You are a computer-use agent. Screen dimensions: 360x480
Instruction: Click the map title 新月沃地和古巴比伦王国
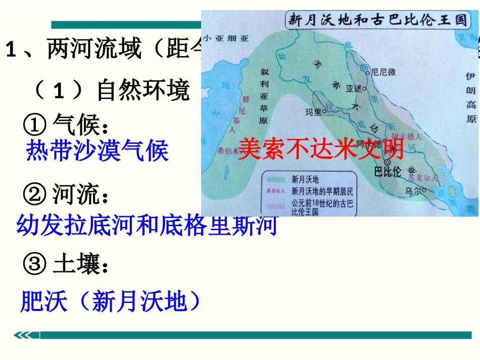coord(376,20)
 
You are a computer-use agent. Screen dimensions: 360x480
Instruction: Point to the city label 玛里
coord(313,111)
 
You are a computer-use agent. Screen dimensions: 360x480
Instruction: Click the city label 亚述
coord(354,87)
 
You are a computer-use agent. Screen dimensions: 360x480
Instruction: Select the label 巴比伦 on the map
coord(387,172)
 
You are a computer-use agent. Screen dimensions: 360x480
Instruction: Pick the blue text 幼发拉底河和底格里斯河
coord(147,225)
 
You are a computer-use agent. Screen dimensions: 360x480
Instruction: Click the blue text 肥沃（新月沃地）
coord(110,302)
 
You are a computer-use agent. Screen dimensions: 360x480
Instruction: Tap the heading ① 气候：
coord(66,122)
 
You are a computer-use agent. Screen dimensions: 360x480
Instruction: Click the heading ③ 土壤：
coord(66,264)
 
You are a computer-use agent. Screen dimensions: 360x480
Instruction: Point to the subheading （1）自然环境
coord(111,90)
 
